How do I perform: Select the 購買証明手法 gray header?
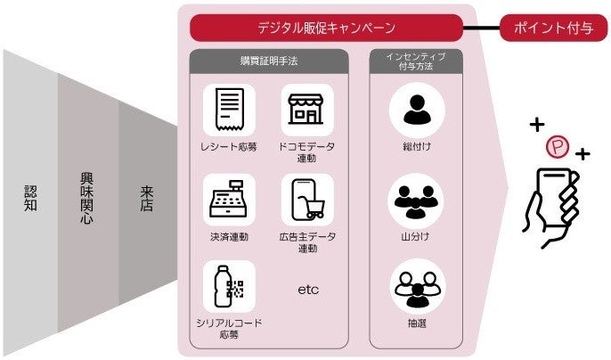[x=268, y=61]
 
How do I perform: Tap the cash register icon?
[x=229, y=199]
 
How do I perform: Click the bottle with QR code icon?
[x=229, y=287]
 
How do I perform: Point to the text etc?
[x=307, y=290]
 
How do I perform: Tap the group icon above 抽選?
[x=415, y=287]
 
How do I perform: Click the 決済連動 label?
[x=229, y=237]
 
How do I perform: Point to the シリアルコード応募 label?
[x=229, y=329]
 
